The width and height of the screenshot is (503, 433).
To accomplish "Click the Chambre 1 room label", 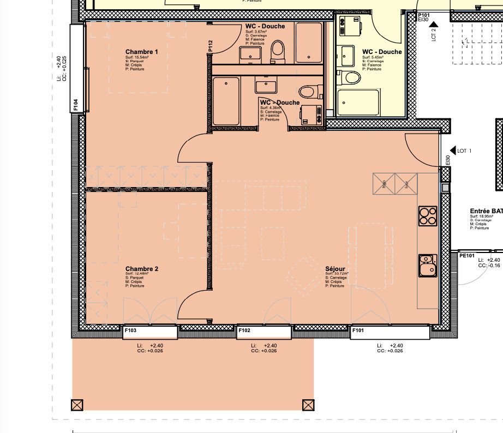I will tap(141, 52).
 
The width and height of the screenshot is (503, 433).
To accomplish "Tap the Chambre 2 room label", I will tap(141, 269).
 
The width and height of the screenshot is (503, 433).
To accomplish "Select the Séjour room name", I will tap(335, 269).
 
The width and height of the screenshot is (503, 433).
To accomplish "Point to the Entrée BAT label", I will tap(486, 211).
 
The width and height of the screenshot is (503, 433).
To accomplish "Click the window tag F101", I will tap(358, 330).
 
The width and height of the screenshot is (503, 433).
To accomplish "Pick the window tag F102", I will tap(244, 330).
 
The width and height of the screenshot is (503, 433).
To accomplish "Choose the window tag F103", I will tap(130, 330).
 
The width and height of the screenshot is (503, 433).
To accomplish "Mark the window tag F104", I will tap(76, 105).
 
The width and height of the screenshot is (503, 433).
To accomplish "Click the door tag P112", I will tap(210, 47).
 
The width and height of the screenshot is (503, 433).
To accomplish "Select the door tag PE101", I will tap(466, 255).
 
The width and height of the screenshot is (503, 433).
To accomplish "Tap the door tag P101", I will tap(424, 15).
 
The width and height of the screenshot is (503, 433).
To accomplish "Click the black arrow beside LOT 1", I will tap(452, 151).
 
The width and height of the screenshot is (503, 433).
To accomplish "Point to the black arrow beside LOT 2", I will tap(434, 24).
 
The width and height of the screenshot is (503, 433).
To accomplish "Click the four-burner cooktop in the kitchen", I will tap(427, 216).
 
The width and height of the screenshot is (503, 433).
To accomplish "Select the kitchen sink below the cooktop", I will tap(428, 266).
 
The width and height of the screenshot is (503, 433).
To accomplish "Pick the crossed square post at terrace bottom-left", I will tap(77, 405).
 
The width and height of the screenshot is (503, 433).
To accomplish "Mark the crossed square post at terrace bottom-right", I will tap(308, 405).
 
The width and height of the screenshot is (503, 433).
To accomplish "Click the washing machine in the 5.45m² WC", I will tap(349, 25).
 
